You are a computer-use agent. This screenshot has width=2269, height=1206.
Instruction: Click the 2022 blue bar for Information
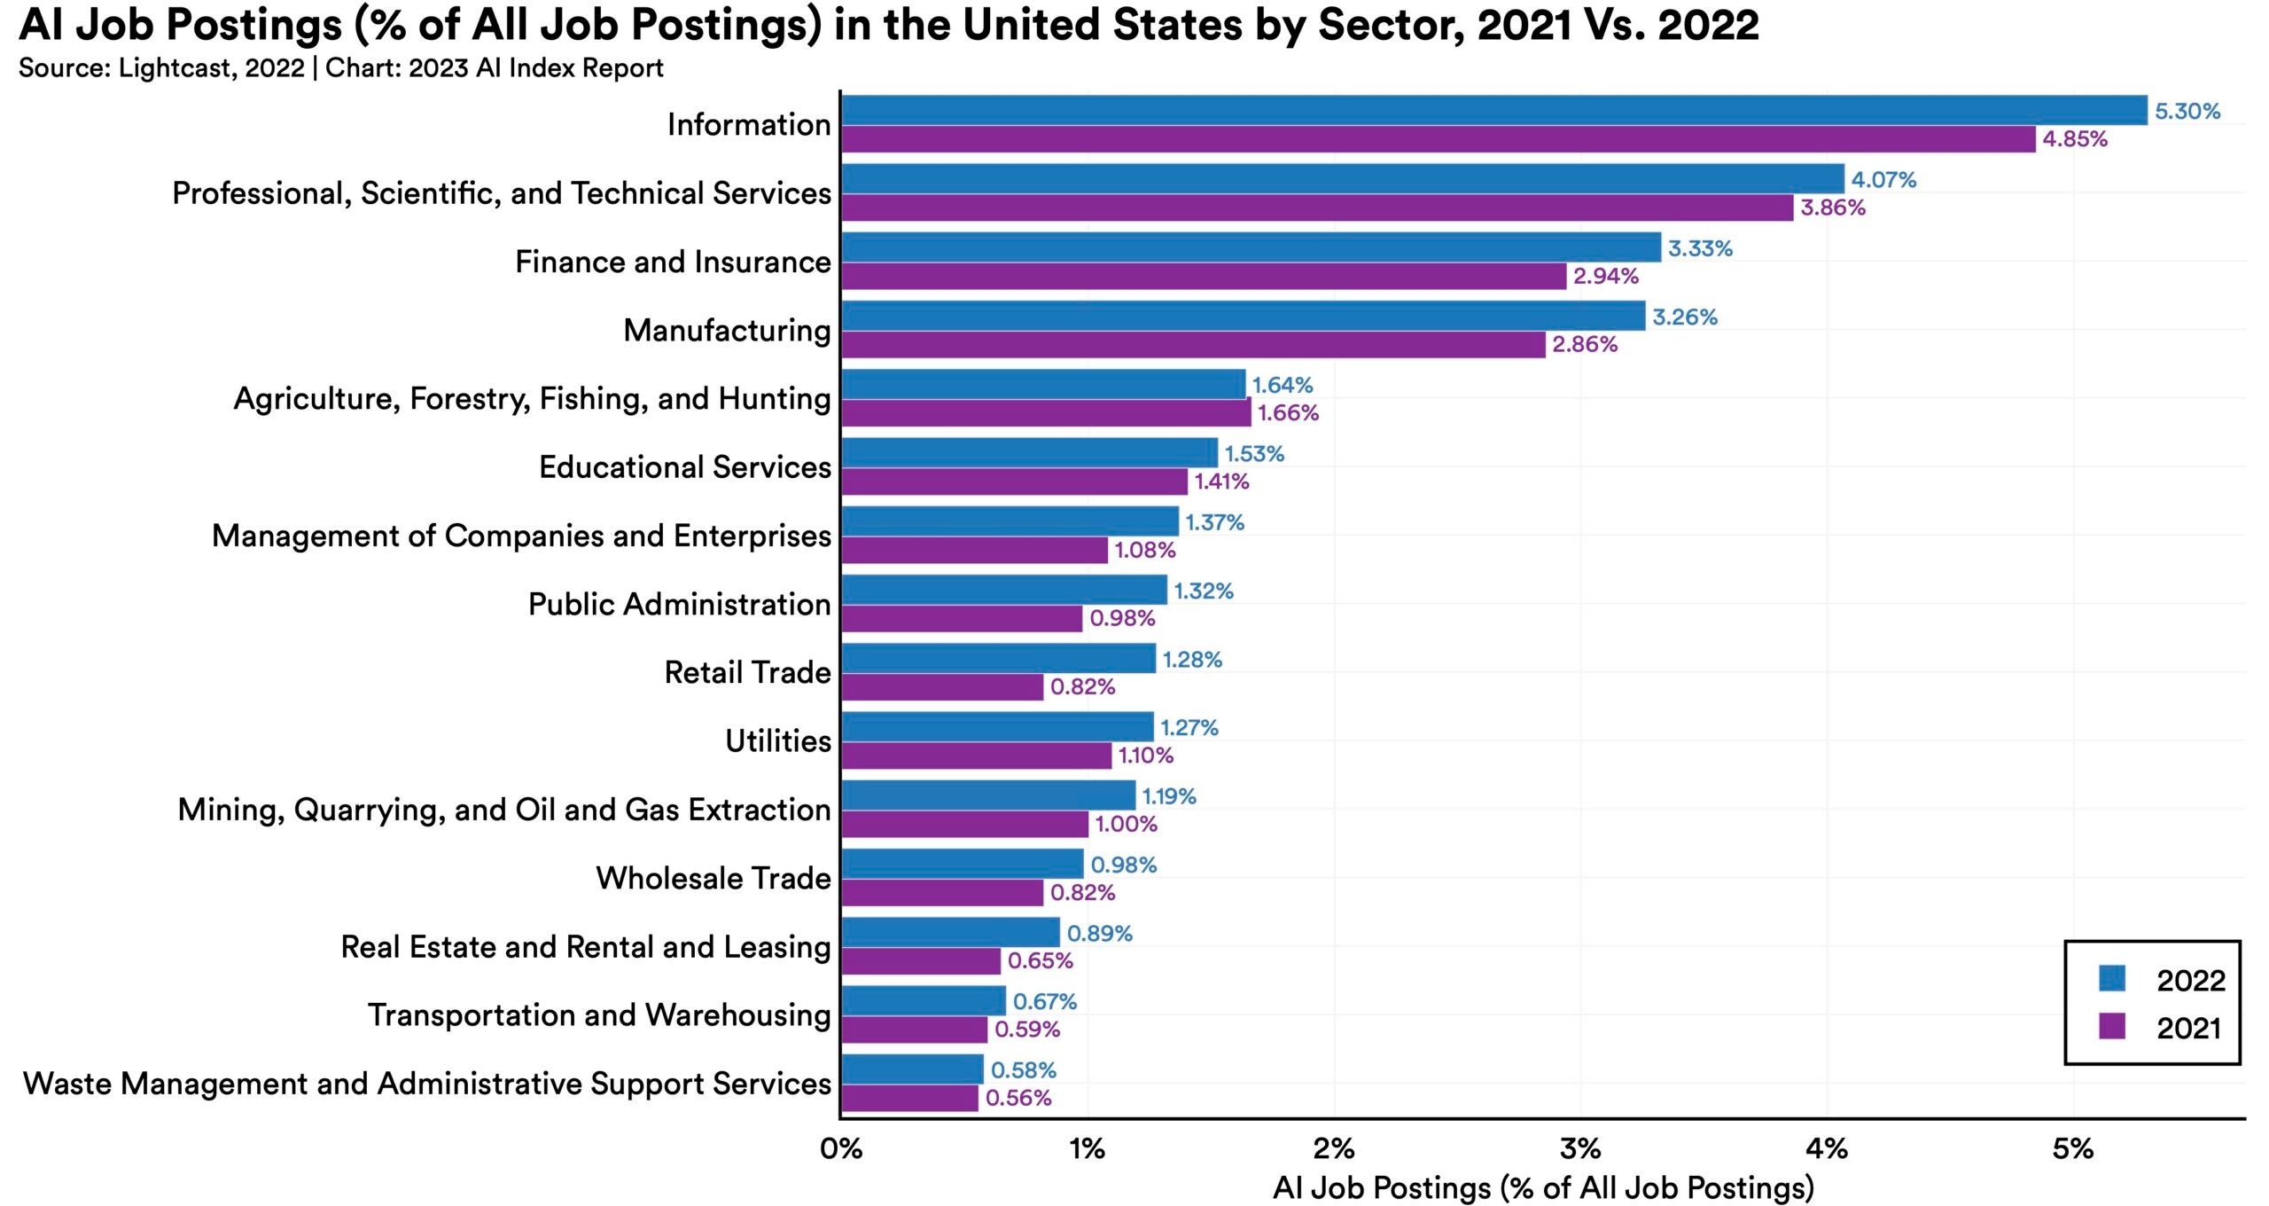click(x=1493, y=110)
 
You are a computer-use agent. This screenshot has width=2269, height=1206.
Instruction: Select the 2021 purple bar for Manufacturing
click(x=1193, y=344)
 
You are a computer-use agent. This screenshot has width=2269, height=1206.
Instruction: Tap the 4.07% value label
click(x=1883, y=180)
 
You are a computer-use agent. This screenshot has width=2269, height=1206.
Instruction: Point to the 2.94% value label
click(x=1605, y=276)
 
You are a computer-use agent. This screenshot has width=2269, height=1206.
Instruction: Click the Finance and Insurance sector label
click(x=673, y=262)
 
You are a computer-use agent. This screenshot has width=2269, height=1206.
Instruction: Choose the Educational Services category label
click(x=685, y=467)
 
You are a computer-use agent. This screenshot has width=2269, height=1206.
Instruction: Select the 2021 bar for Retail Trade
click(x=942, y=687)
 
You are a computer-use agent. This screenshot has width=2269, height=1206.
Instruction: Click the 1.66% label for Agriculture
click(x=1288, y=412)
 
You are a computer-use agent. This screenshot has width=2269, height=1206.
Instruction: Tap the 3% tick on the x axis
click(x=1580, y=1149)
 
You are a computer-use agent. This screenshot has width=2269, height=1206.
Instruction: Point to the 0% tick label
click(x=841, y=1149)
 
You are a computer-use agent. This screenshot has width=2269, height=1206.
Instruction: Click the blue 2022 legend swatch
click(x=2112, y=979)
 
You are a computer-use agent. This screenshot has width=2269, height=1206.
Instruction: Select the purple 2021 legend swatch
click(x=2112, y=1027)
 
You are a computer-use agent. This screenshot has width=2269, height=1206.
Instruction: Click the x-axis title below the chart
click(x=1543, y=1187)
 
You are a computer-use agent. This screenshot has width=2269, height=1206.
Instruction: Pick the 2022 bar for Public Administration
click(x=1004, y=590)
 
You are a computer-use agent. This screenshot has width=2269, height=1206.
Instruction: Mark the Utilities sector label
click(x=778, y=740)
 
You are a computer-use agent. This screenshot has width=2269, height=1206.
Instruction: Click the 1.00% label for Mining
click(x=1126, y=824)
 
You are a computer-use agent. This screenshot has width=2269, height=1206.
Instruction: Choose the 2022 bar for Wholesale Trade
click(x=963, y=864)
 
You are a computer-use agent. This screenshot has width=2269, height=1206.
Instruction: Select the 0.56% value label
click(x=1018, y=1098)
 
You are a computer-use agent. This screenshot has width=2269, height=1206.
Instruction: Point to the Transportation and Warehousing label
click(x=599, y=1014)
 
